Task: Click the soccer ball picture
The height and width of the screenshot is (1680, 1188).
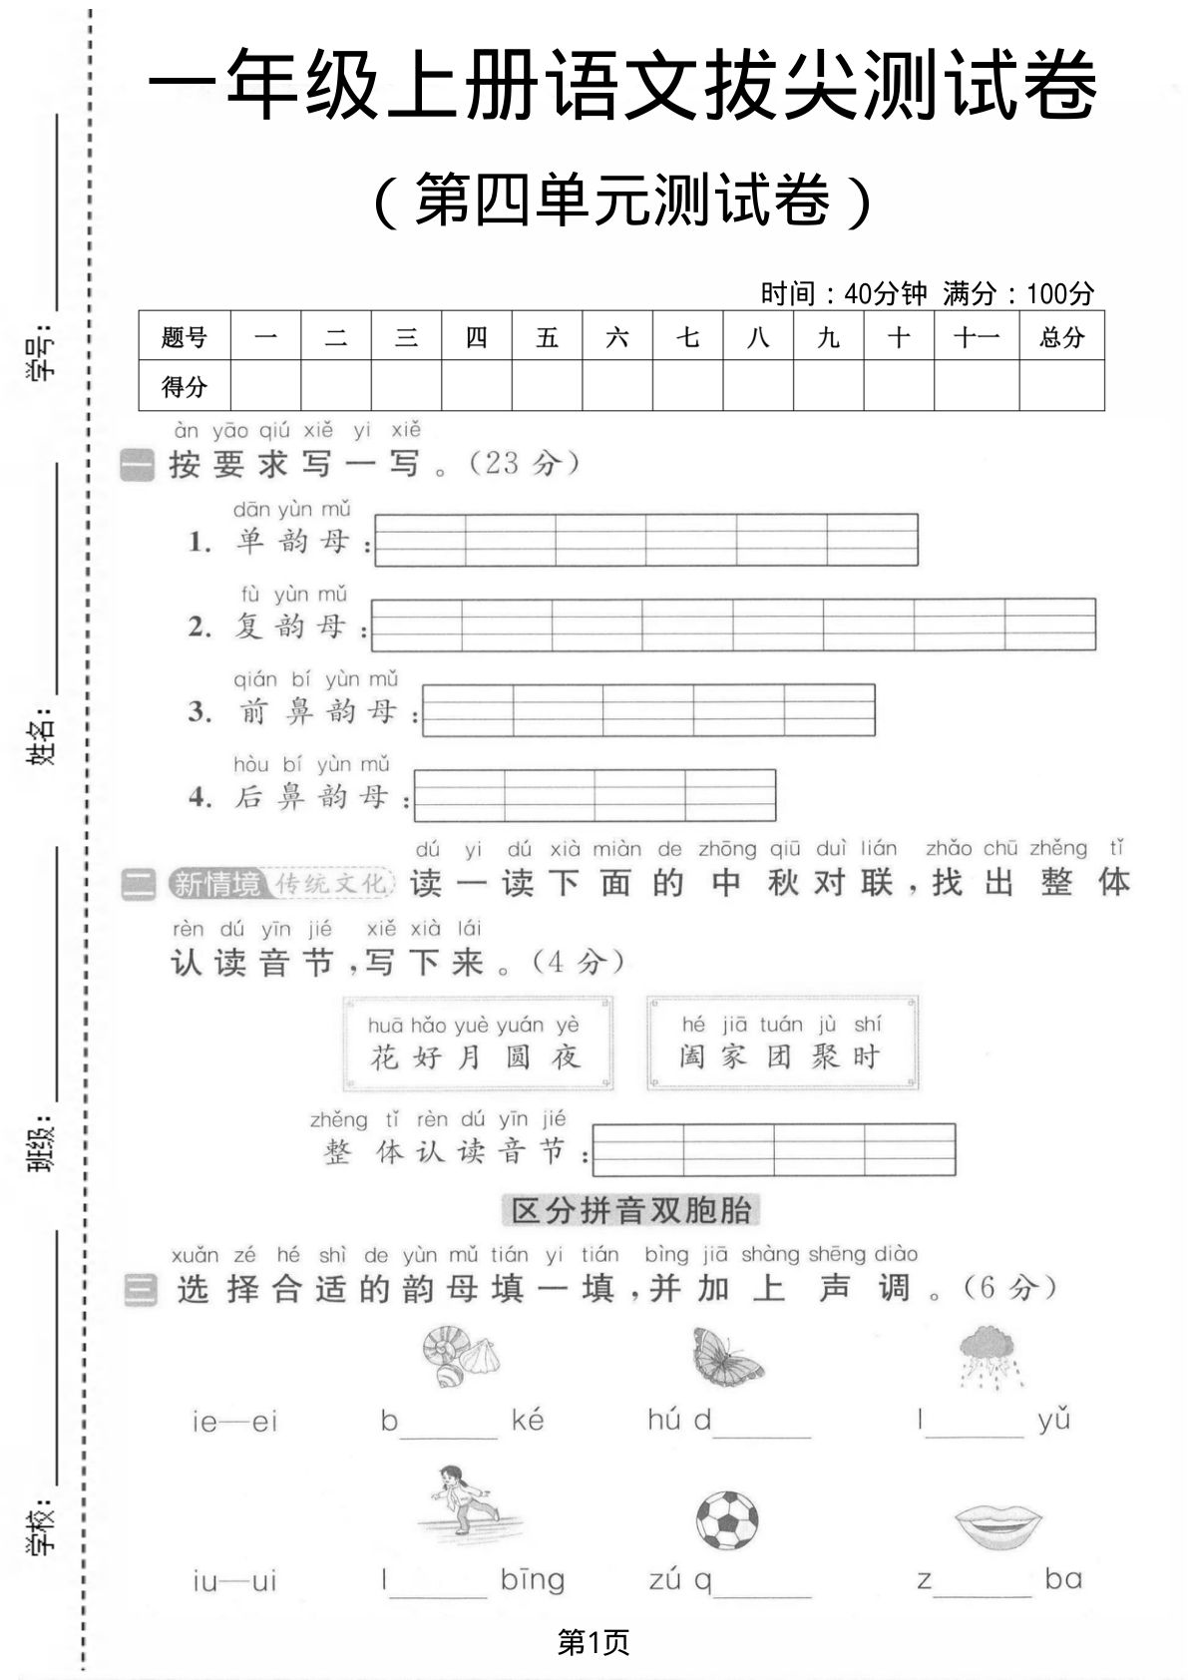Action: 726,1520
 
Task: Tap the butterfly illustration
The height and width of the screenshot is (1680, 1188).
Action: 727,1356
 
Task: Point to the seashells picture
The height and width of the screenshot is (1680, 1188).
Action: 460,1356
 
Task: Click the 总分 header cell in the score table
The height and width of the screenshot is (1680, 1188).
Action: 1061,337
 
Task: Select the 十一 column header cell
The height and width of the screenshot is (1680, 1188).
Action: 976,337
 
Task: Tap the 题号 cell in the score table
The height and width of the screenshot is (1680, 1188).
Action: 185,337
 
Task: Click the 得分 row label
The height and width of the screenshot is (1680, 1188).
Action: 185,386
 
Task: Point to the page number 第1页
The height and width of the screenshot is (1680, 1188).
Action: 594,1642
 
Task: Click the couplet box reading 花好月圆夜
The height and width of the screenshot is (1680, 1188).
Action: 477,1043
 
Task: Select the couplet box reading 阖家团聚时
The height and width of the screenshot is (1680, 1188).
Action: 781,1043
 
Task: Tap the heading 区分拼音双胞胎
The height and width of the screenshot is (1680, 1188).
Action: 630,1210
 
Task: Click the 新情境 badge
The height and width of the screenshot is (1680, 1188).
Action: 215,884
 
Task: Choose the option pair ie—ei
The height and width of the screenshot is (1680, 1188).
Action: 235,1422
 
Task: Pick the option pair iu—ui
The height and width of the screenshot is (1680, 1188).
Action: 234,1581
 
